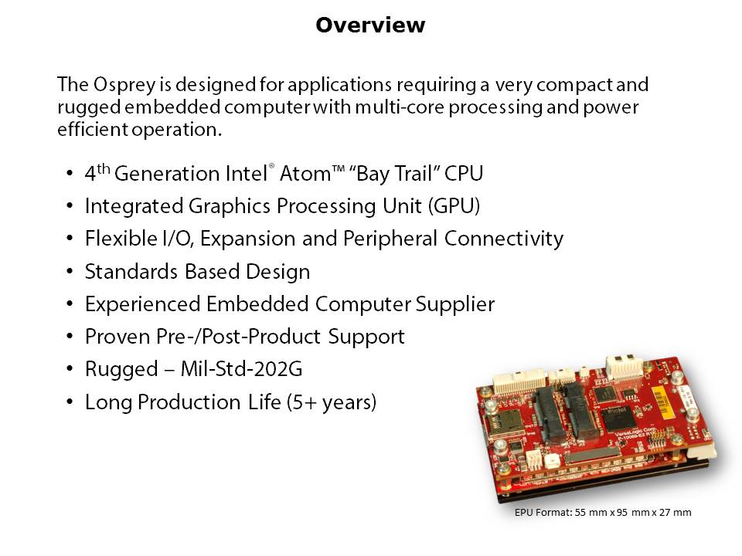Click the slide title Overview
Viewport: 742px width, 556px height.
(370, 25)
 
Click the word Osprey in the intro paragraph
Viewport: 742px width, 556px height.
(124, 85)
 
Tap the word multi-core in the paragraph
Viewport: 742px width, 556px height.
(399, 107)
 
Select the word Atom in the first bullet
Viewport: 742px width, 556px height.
(305, 174)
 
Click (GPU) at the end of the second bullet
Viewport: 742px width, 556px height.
(454, 206)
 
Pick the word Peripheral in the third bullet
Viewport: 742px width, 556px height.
(390, 239)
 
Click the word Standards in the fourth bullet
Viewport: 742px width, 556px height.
(131, 271)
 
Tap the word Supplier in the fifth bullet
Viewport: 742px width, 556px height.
(455, 304)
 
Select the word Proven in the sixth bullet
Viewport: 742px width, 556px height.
(117, 337)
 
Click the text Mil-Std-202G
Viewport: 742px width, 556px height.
(241, 369)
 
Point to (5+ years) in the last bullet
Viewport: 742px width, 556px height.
(332, 402)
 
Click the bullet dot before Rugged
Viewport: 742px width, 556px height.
(70, 369)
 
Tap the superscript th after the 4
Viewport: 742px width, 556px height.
(104, 169)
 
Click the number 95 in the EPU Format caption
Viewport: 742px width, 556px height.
(621, 513)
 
